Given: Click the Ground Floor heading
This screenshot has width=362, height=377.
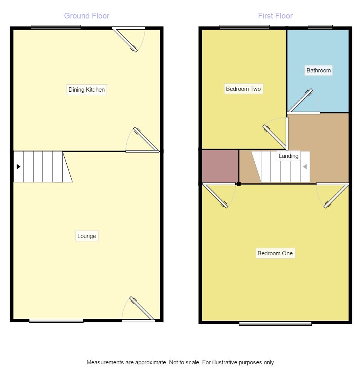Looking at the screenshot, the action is tap(87, 16).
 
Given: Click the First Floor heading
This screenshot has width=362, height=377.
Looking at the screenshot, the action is tap(275, 16).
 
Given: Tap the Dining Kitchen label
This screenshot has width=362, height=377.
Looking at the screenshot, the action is tap(87, 90).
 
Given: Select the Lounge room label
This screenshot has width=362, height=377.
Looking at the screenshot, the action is tap(87, 236).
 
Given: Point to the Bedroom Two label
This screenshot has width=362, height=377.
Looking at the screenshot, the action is tap(243, 89).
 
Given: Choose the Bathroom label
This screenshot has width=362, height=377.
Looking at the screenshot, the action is tap(318, 70).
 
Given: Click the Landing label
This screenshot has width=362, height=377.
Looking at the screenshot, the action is tap(288, 156).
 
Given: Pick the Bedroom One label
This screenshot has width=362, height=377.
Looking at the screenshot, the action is tap(275, 253).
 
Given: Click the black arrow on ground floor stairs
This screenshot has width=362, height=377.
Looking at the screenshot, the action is tap(18, 167).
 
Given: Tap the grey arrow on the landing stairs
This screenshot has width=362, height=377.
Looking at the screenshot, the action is tap(305, 167).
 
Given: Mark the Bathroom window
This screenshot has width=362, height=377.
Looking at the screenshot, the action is tap(320, 27).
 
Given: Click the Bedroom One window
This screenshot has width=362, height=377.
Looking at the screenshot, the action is tap(275, 323).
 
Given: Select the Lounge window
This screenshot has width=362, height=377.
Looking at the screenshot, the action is tap(56, 321).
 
